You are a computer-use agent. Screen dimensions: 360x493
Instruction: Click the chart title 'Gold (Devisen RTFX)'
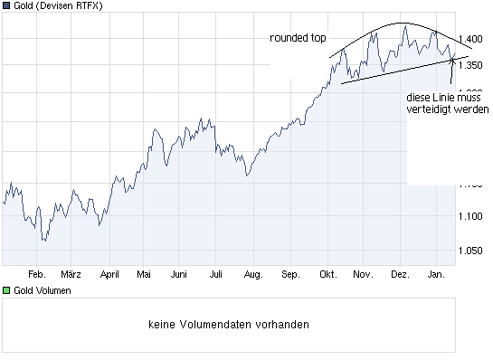tap(58, 6)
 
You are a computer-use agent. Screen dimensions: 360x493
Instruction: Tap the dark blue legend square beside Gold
tap(6, 6)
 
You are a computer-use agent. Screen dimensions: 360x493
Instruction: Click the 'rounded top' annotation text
tap(298, 38)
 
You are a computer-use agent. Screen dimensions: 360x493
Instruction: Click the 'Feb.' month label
tap(36, 273)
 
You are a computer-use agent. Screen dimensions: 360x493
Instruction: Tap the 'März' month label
tap(71, 273)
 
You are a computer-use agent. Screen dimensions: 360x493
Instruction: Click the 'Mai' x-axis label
tap(143, 273)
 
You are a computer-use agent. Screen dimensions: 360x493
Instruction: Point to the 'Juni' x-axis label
tap(179, 273)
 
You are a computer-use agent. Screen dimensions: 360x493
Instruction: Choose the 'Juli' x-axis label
tap(215, 273)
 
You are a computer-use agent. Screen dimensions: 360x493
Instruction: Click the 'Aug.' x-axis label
tap(252, 273)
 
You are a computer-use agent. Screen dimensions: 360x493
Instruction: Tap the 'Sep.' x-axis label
tap(289, 273)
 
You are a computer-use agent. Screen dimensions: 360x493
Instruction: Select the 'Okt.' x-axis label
tap(326, 273)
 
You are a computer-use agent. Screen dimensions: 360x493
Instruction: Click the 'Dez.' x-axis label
tap(399, 273)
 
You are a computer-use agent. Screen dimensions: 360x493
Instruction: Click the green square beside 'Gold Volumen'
tap(6, 290)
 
